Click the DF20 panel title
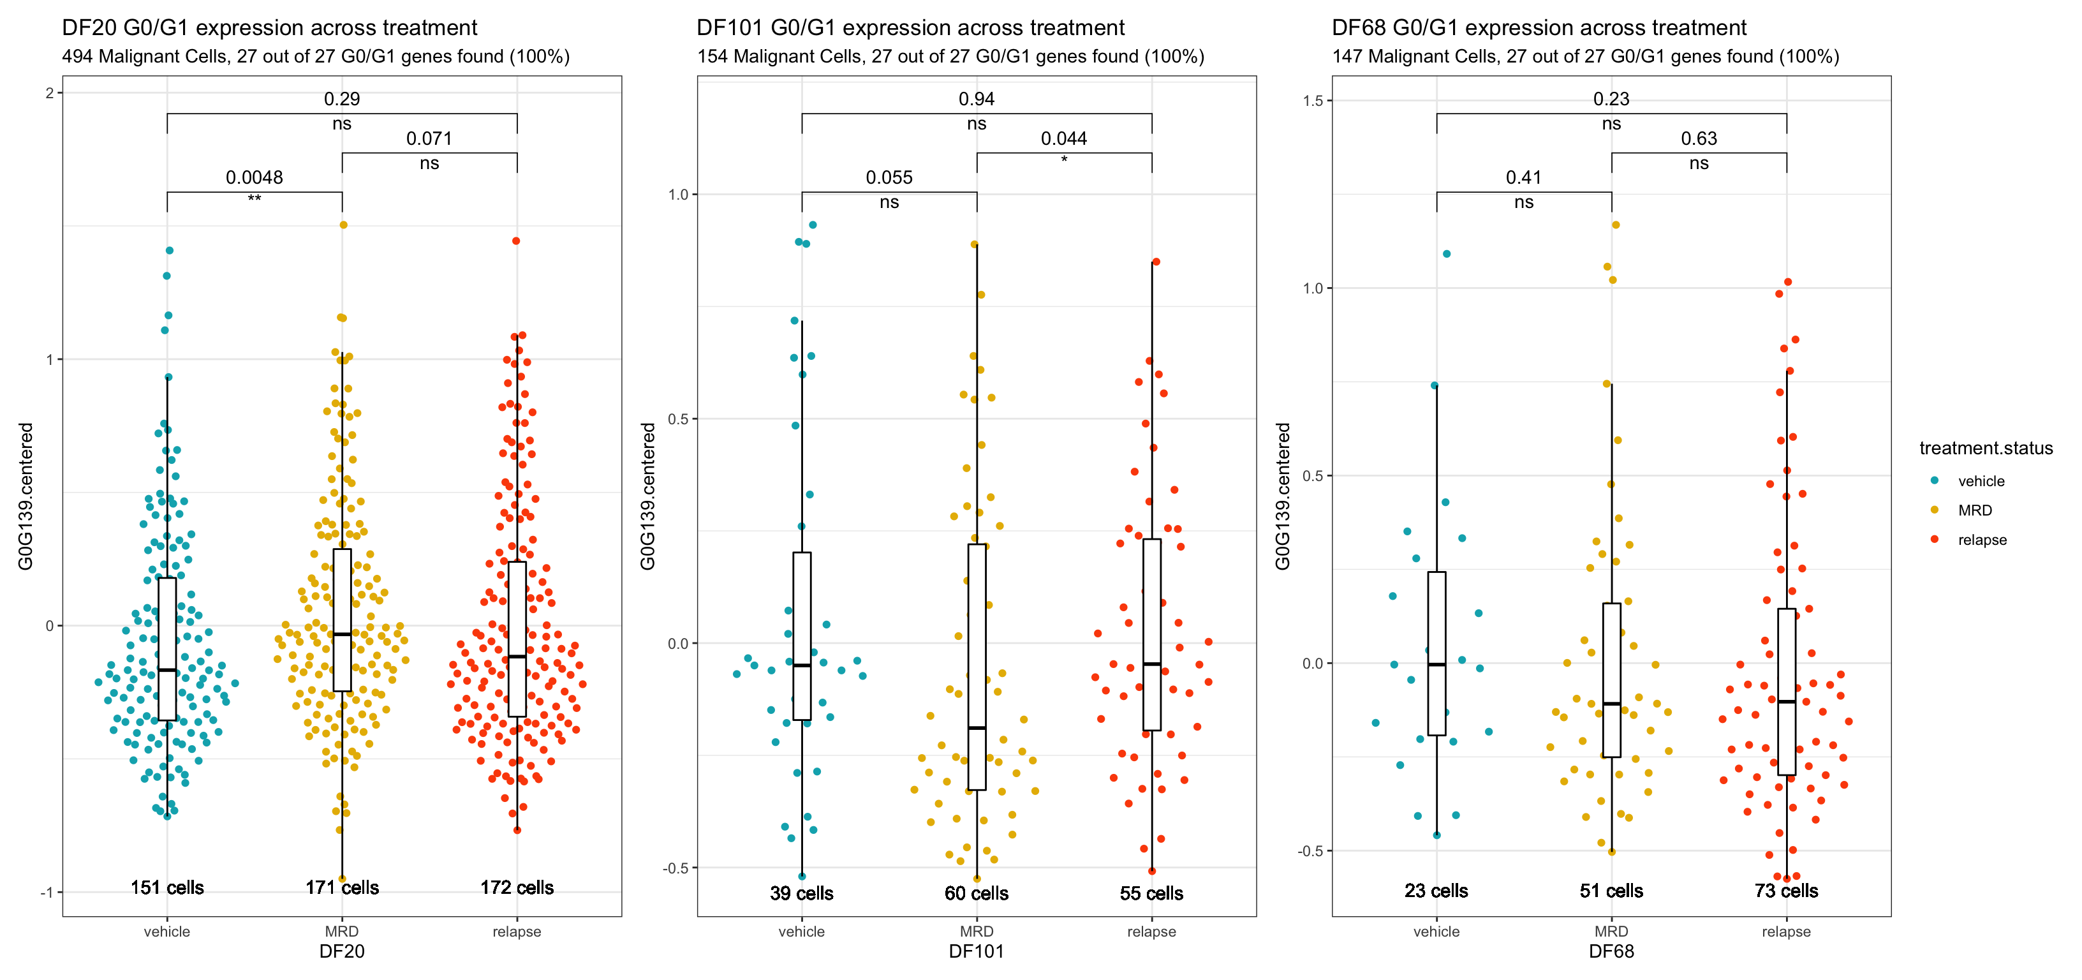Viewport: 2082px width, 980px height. (269, 27)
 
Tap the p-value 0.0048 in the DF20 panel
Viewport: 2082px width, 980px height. (254, 177)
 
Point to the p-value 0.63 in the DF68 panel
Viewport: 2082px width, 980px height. (1698, 138)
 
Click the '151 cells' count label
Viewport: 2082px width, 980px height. (167, 887)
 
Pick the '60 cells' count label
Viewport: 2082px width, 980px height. (977, 893)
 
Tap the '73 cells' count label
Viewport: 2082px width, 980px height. (1786, 890)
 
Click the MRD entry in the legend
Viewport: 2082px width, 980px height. (1974, 510)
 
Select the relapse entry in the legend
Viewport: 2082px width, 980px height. (1982, 540)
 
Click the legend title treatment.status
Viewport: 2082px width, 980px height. (1986, 448)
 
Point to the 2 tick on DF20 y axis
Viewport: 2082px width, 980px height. (49, 93)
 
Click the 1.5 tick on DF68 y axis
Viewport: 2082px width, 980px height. (1313, 100)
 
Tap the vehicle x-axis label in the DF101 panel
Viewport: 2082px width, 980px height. (801, 932)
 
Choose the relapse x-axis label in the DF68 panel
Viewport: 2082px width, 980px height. (1786, 932)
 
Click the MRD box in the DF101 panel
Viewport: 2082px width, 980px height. (977, 667)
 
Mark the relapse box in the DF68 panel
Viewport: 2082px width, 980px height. (1786, 692)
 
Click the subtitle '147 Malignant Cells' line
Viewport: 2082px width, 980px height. (1585, 57)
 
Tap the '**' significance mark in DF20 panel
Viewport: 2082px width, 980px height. (254, 198)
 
